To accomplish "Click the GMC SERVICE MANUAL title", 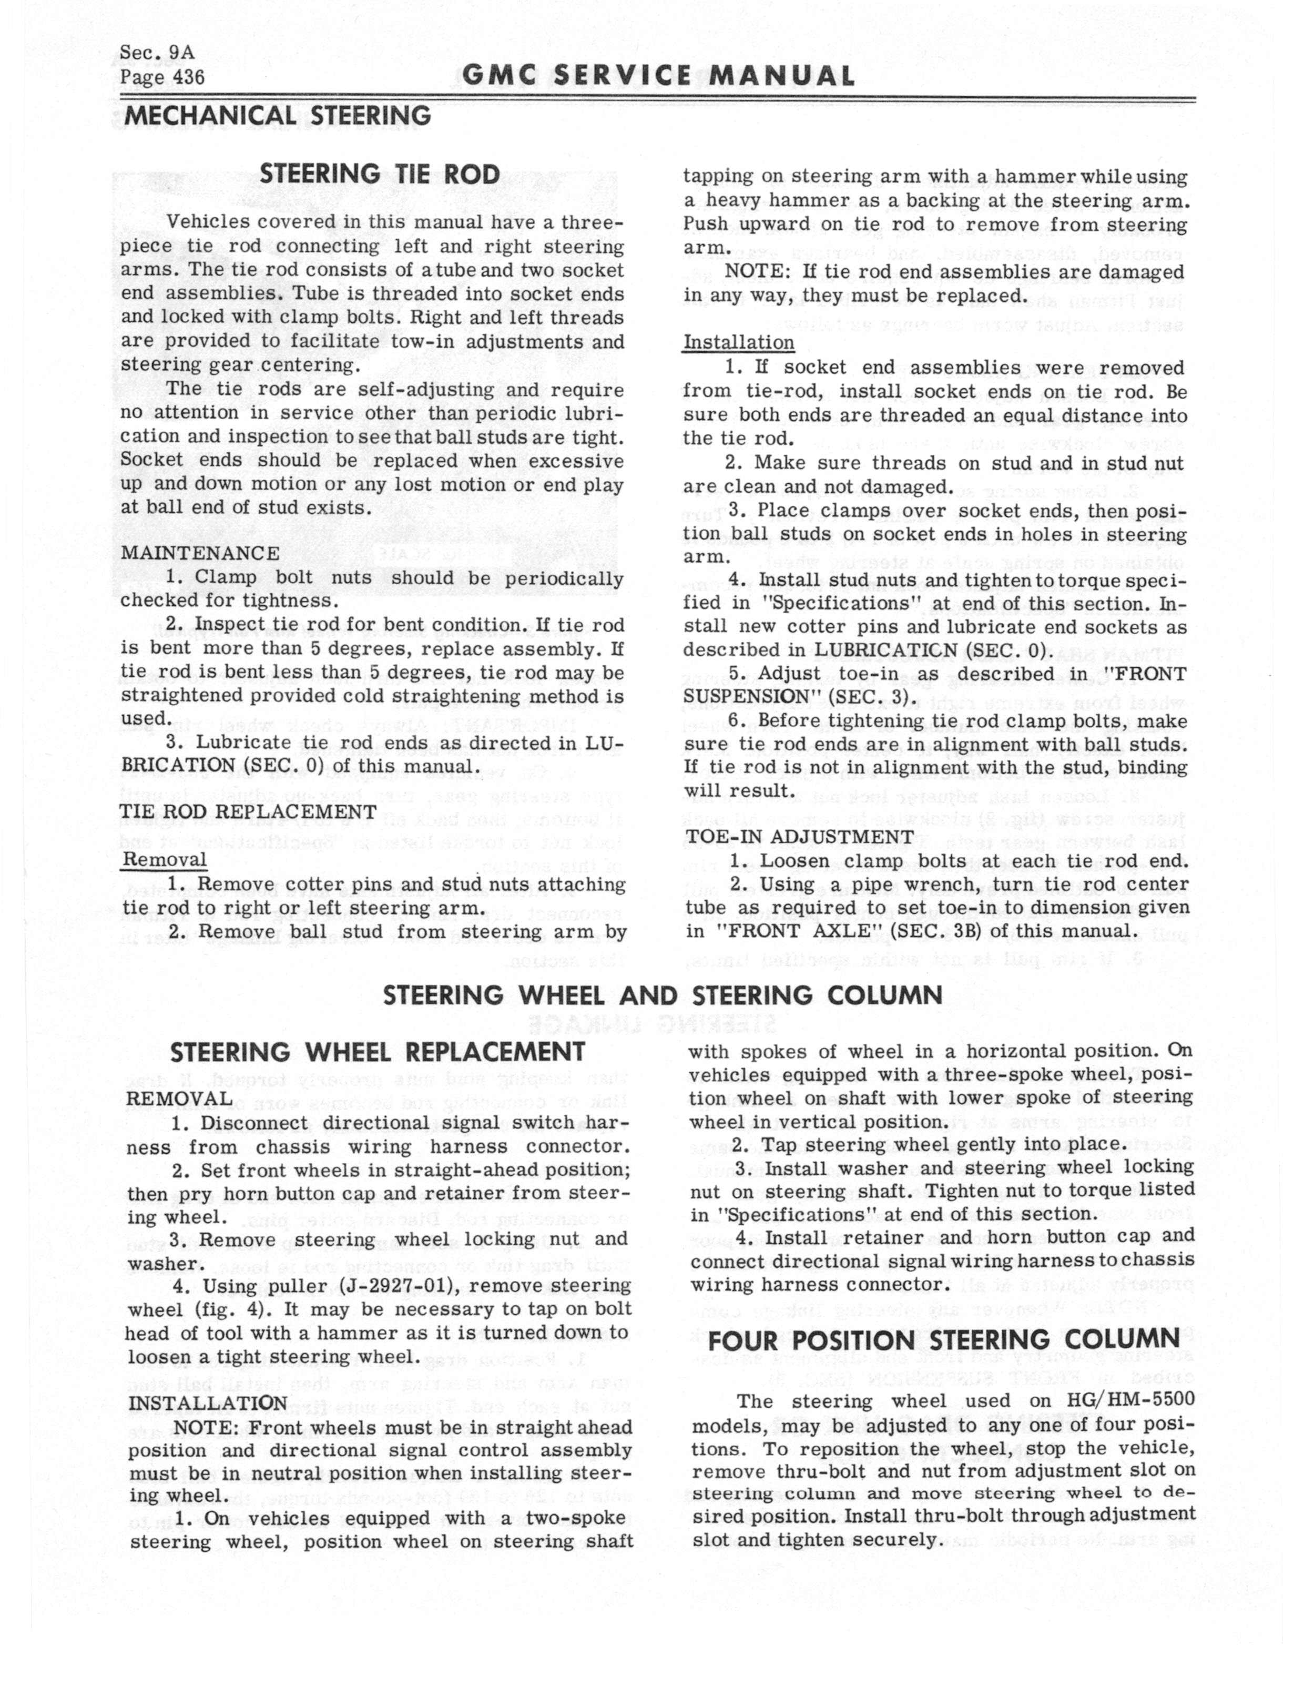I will (x=658, y=76).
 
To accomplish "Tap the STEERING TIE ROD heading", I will (x=380, y=175).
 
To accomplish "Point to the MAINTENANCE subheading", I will (x=199, y=553).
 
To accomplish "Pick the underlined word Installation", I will (x=738, y=343).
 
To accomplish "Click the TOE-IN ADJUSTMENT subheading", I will (x=799, y=837).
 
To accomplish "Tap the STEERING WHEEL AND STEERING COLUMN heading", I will (x=663, y=995).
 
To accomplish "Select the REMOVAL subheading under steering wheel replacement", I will (x=179, y=1100).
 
